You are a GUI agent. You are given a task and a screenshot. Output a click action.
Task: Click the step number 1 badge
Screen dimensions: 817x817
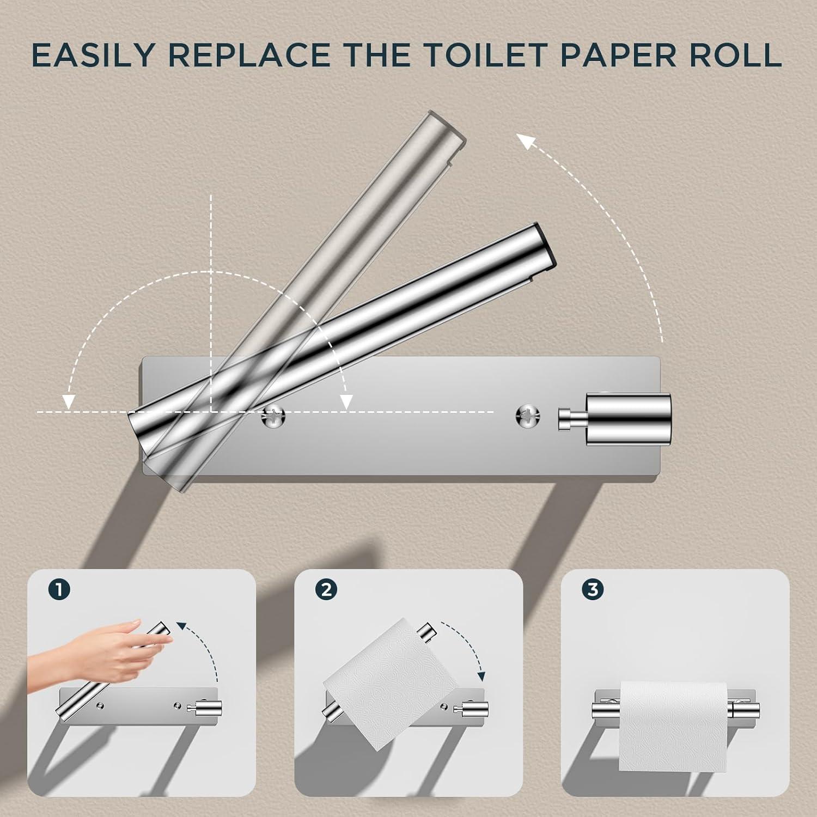(x=59, y=589)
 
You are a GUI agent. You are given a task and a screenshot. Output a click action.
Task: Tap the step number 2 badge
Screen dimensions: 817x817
(x=326, y=589)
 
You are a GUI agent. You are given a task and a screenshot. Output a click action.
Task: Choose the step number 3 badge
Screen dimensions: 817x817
(x=593, y=589)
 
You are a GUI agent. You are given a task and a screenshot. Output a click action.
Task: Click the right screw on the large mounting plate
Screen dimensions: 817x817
(x=527, y=416)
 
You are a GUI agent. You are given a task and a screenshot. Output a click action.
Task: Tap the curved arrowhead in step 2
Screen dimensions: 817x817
(x=480, y=675)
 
